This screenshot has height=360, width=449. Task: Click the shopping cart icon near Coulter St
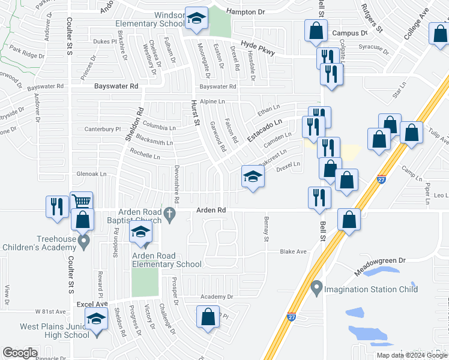(82, 202)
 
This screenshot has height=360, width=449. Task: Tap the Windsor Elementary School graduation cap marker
(196, 18)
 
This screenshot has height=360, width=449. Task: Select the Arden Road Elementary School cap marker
(141, 233)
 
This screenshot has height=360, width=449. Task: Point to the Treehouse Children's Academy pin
(85, 242)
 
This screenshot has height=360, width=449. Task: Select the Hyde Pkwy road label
(258, 48)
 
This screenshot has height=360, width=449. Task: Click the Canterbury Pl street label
(103, 129)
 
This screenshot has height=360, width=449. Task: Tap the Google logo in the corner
(20, 352)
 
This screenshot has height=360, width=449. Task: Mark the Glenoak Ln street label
(91, 174)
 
